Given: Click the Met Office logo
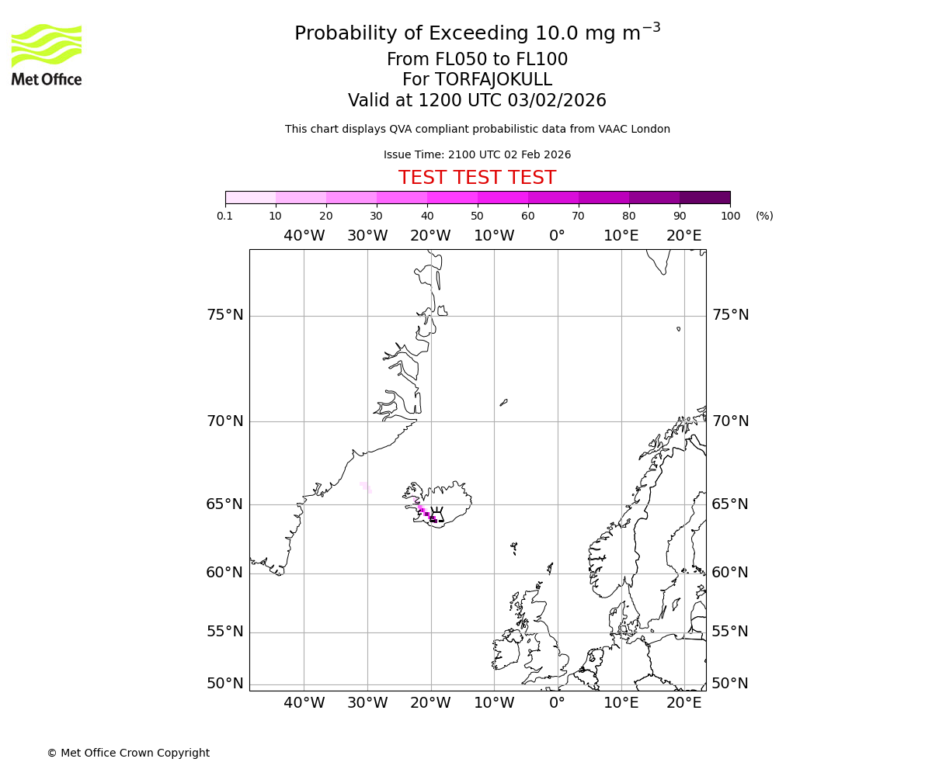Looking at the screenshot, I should click(47, 54).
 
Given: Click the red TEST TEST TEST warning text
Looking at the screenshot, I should click(477, 178).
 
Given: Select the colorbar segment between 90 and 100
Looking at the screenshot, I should click(704, 197).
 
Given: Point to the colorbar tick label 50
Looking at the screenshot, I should click(477, 217).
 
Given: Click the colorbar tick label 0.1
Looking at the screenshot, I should click(225, 217).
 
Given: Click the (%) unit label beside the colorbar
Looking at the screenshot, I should click(764, 217).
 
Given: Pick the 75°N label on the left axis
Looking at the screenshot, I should click(224, 315).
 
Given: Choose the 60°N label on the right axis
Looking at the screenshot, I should click(730, 573).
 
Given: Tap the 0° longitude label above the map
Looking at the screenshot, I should click(557, 236).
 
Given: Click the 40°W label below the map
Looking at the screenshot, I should click(304, 703).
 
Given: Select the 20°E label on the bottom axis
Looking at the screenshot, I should click(683, 703).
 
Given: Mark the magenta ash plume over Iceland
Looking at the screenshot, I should click(426, 514).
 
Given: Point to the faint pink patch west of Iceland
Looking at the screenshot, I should click(365, 487).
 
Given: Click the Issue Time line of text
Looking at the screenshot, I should click(477, 155).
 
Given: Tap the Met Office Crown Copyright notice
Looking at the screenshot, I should click(128, 753).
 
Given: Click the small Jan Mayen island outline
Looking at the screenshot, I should click(504, 402).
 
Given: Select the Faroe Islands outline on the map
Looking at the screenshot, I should click(514, 548).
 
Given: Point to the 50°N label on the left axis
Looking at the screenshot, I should click(224, 684).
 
